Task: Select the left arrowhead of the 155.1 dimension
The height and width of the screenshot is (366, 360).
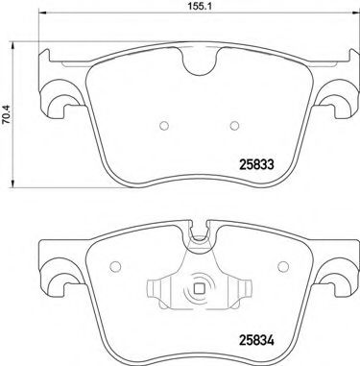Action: click(x=41, y=22)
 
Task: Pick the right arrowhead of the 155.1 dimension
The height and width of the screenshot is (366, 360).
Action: click(x=351, y=22)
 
